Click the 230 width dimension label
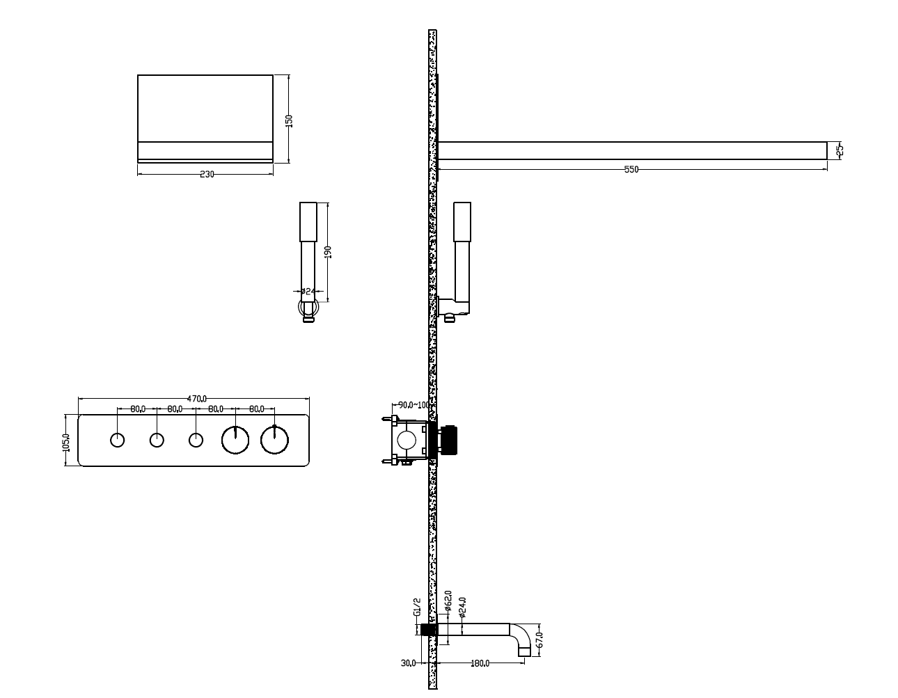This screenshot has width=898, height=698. [x=207, y=174]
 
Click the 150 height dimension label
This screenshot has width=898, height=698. [x=289, y=121]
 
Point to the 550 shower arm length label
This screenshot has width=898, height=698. [x=631, y=169]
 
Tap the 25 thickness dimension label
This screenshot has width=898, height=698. [x=840, y=150]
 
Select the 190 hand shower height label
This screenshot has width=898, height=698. [x=328, y=252]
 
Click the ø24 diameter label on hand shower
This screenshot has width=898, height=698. [x=308, y=291]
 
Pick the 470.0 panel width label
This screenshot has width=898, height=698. [x=197, y=399]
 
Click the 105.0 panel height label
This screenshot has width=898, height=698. [x=66, y=443]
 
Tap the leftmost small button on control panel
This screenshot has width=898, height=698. [x=118, y=440]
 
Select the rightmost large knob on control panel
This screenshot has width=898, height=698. [x=274, y=440]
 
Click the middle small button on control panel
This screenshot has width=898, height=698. [x=157, y=440]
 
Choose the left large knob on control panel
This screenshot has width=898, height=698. [x=235, y=440]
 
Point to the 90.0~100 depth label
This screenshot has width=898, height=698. [x=414, y=405]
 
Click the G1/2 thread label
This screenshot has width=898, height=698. [x=417, y=607]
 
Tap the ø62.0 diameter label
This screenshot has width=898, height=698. [x=448, y=601]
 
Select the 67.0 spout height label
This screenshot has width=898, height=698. [x=539, y=640]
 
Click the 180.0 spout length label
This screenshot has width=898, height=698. [x=480, y=663]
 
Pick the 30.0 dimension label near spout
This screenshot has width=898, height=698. [x=408, y=663]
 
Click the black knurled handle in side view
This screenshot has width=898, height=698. [x=448, y=440]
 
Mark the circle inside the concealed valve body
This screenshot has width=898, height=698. [x=407, y=440]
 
